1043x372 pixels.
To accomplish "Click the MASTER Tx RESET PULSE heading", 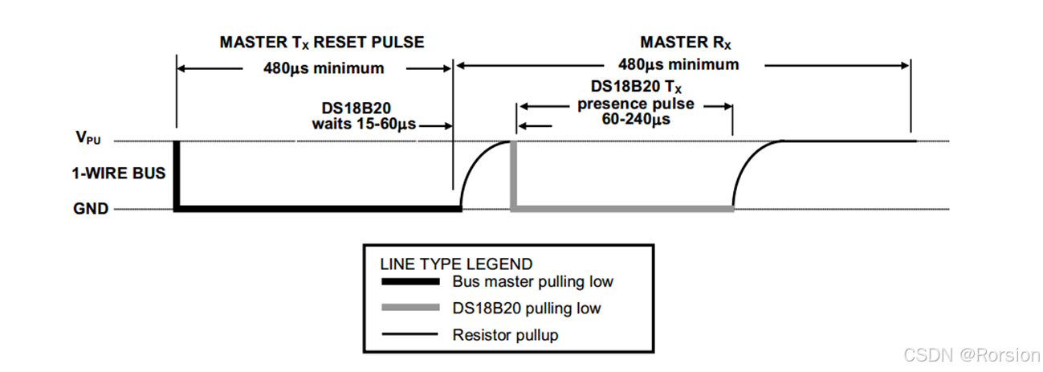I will [321, 43].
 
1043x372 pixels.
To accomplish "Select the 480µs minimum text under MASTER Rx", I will [678, 64].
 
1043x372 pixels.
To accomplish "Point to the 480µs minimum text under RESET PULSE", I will [324, 68].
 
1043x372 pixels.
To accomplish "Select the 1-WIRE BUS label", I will [119, 173].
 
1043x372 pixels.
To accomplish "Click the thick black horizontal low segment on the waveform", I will [317, 209].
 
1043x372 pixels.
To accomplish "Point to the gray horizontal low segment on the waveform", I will [622, 209].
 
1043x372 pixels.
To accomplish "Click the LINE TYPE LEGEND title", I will [455, 264].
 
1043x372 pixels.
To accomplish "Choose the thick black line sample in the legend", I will [409, 281].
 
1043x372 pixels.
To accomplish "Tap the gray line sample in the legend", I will [409, 308].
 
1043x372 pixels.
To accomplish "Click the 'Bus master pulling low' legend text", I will [532, 281].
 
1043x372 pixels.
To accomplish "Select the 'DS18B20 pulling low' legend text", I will [526, 308].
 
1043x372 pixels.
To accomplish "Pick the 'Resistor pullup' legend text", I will [504, 334].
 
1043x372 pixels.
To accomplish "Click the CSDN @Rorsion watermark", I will [971, 354].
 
